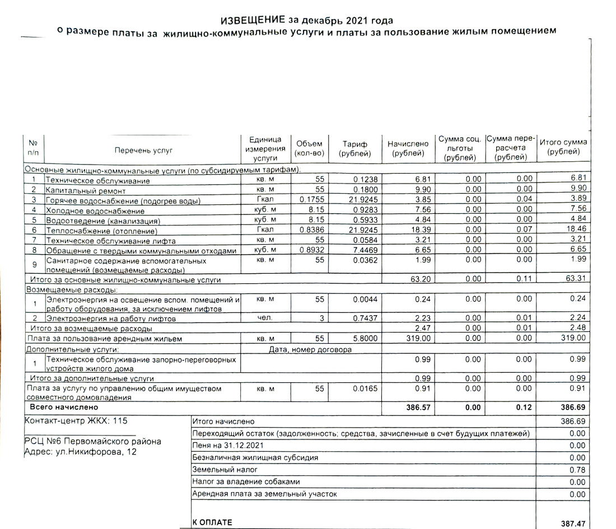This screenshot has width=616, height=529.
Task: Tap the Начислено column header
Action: click(x=408, y=148)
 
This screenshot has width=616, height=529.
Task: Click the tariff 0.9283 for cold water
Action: click(x=366, y=211)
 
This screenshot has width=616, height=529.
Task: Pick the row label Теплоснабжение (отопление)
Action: click(x=101, y=231)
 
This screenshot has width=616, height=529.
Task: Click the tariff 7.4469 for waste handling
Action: click(x=366, y=251)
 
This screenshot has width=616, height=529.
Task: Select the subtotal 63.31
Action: click(x=575, y=279)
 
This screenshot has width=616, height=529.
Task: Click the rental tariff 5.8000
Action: click(x=366, y=339)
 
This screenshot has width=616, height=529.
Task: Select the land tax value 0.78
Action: click(x=577, y=470)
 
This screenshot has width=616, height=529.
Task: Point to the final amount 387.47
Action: click(x=573, y=523)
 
